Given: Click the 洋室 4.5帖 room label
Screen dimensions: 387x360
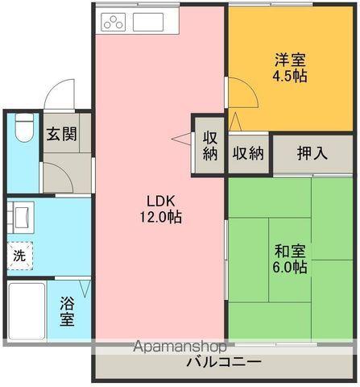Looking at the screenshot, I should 289,68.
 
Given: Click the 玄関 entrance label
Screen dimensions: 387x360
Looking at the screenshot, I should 61,135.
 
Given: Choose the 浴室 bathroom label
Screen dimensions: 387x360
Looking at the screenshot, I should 68,310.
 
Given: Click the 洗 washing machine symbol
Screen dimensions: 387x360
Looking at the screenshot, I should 20,256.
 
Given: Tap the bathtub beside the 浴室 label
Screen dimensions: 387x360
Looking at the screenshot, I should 27,310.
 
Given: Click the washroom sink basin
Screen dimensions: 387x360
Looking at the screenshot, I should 21,217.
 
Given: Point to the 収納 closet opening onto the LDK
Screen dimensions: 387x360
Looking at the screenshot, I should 209,145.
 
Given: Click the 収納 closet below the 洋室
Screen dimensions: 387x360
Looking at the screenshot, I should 248,152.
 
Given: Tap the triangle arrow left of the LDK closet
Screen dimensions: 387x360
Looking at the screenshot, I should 178,140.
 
